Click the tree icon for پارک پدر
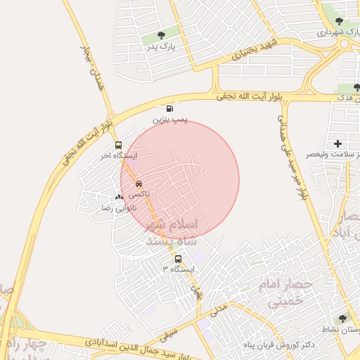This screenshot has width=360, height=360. pyautogui.click(x=162, y=34)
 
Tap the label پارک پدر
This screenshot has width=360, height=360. pyautogui.click(x=161, y=46)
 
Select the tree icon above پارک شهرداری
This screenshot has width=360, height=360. pyautogui.click(x=340, y=22)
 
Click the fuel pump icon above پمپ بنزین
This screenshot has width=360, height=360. pyautogui.click(x=169, y=108)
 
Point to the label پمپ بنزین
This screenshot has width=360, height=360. pyautogui.click(x=169, y=120)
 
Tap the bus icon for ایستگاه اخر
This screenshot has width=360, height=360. pyautogui.click(x=118, y=145)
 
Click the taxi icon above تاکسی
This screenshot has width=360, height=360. pyautogui.click(x=138, y=182)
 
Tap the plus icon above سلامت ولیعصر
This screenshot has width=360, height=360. pyautogui.click(x=337, y=143)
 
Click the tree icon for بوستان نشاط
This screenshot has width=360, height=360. pyautogui.click(x=343, y=319)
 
